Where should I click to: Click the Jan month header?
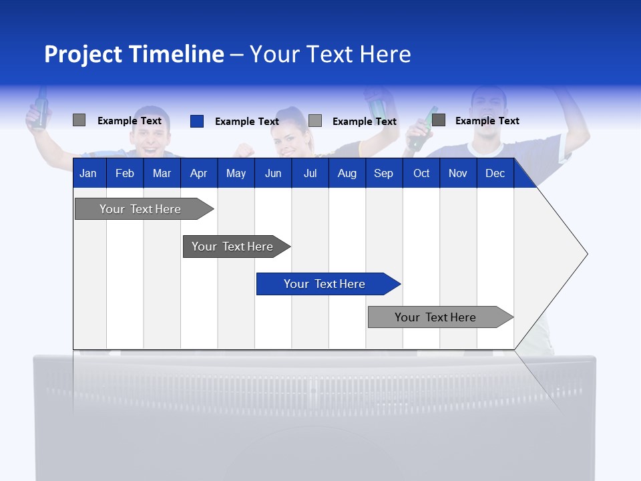coord(88,174)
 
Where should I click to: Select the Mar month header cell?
coord(162,174)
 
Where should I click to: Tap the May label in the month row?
coord(236,174)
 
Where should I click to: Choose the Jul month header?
coord(310,174)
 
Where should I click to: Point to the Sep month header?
coord(383,174)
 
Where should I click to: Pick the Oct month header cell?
coord(421,174)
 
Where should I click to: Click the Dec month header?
coord(495,174)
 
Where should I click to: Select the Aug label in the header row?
coord(347,174)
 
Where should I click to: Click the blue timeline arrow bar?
coord(325,284)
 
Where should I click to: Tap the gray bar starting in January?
coord(141,209)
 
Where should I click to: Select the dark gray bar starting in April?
coord(233,247)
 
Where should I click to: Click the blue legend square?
coord(197,121)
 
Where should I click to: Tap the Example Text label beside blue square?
coord(246,122)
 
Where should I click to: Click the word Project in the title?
coord(83,54)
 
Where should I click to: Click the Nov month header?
coord(457,174)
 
